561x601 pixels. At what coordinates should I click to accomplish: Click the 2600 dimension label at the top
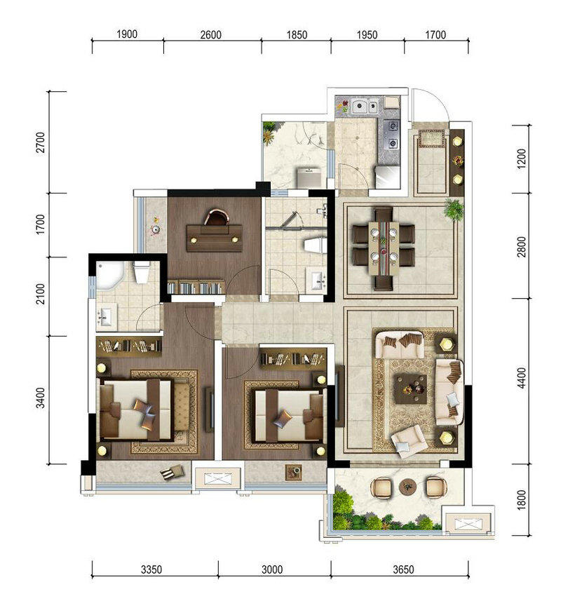tap(211, 35)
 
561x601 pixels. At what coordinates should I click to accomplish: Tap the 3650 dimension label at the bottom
tap(403, 569)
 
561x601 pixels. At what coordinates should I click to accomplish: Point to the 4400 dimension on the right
tap(522, 378)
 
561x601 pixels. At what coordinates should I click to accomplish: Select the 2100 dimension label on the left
tap(40, 294)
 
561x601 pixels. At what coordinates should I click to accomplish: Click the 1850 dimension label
tap(297, 35)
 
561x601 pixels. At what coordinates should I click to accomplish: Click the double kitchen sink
tap(365, 106)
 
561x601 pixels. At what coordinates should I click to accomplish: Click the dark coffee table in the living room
tap(411, 389)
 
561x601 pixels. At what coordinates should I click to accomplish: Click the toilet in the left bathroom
tap(142, 271)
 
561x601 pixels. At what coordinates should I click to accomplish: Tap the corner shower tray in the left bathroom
tap(109, 275)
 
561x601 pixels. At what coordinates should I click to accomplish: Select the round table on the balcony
tap(407, 487)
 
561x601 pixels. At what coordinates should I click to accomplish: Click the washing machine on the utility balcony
tap(309, 177)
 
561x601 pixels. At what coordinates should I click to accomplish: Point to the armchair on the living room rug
tap(409, 441)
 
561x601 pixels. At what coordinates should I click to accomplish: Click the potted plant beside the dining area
tap(454, 209)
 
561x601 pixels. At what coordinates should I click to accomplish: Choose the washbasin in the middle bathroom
tap(316, 278)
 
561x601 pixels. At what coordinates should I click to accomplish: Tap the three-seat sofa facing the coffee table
tap(449, 392)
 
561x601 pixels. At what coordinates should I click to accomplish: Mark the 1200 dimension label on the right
tap(522, 158)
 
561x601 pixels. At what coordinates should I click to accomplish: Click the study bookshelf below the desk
tap(196, 288)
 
